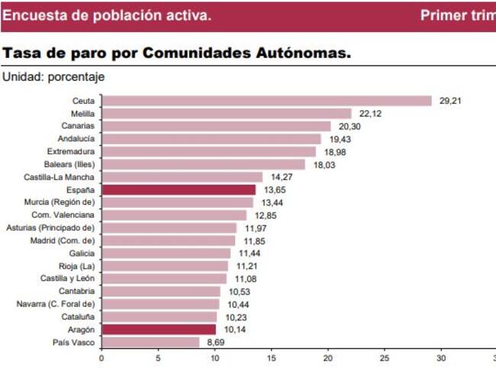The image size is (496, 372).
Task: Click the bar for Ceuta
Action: (x=267, y=101)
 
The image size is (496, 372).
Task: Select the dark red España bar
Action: (x=179, y=190)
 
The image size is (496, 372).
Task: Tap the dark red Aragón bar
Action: (x=159, y=330)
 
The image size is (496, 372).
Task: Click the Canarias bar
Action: (x=216, y=126)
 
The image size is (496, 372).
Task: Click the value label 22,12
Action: (x=370, y=114)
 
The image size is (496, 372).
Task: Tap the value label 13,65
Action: (x=275, y=190)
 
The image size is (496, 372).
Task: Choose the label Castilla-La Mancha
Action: (x=59, y=177)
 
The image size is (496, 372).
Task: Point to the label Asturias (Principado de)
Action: (x=50, y=228)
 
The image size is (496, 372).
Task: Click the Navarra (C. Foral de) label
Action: (x=55, y=304)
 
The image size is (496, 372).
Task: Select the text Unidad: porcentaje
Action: (x=53, y=77)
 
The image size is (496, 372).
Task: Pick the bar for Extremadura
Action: (x=208, y=152)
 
